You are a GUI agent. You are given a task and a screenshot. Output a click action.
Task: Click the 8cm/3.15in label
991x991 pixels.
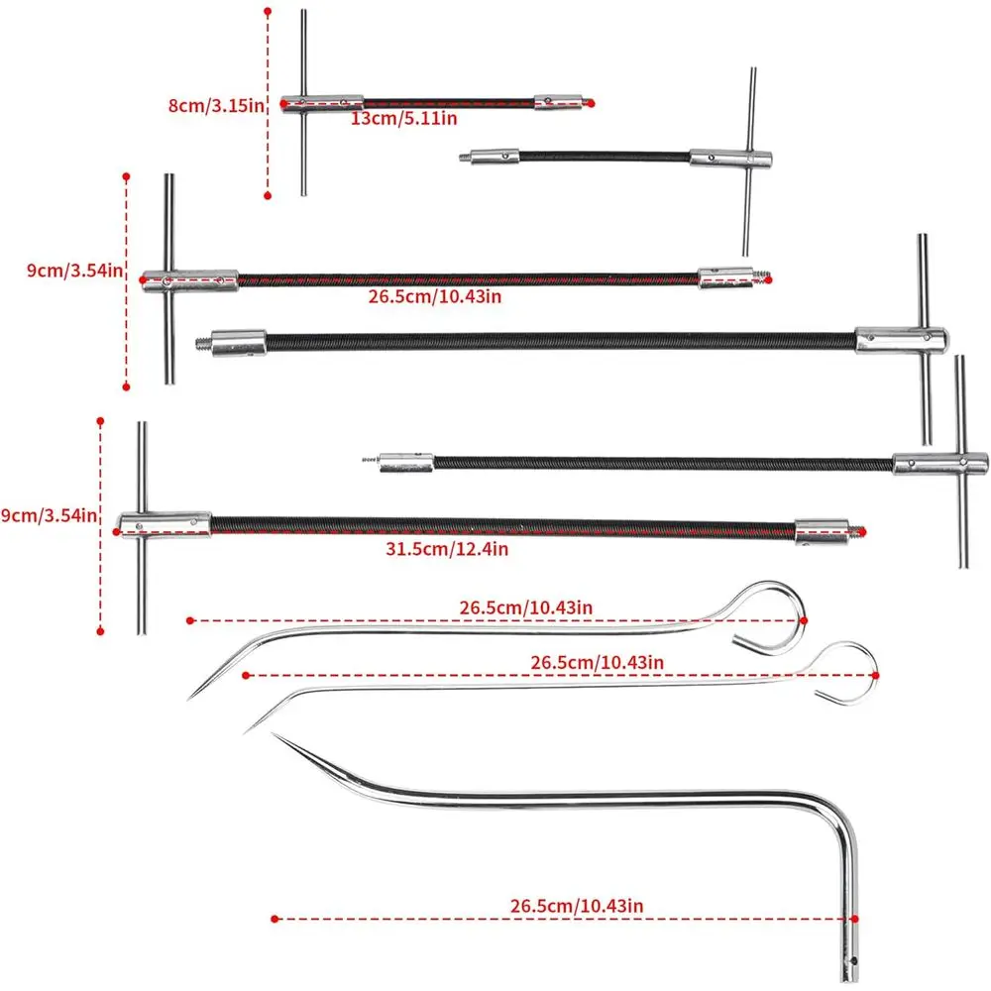[x=215, y=106]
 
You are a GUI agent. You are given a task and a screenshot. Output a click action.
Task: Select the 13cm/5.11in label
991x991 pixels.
[x=404, y=118]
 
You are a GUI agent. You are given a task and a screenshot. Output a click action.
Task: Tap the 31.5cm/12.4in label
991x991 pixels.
[x=447, y=549]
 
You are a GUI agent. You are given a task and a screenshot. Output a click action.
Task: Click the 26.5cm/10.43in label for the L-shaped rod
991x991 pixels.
[x=577, y=906]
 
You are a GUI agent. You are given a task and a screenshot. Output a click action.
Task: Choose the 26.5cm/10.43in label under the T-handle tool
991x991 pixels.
[x=435, y=296]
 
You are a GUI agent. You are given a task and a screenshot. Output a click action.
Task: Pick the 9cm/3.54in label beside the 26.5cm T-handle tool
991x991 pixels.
[x=74, y=271]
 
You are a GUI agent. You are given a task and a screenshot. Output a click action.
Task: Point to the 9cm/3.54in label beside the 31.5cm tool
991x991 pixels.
[x=49, y=515]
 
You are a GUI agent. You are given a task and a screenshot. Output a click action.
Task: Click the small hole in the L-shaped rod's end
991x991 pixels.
[x=854, y=961]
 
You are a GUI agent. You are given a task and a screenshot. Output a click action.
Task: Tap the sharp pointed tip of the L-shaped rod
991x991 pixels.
[x=274, y=734]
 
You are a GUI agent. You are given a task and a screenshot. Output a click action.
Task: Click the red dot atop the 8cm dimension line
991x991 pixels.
[x=268, y=11]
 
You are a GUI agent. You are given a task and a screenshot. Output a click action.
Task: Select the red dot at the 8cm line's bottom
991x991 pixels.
[x=268, y=196]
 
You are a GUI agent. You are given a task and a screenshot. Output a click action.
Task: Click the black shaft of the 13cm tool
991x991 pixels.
[x=449, y=102]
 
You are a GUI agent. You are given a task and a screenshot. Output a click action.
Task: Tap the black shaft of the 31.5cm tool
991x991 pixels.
[x=502, y=527]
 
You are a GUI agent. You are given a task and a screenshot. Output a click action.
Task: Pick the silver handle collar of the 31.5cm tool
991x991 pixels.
[x=165, y=525]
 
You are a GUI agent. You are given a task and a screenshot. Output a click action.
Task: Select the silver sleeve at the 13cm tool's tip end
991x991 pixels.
[x=558, y=102]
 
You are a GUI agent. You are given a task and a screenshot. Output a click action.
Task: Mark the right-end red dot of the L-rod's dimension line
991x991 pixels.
[x=854, y=919]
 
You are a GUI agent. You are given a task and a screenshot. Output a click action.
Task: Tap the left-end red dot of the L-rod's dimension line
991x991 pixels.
[x=275, y=919]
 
